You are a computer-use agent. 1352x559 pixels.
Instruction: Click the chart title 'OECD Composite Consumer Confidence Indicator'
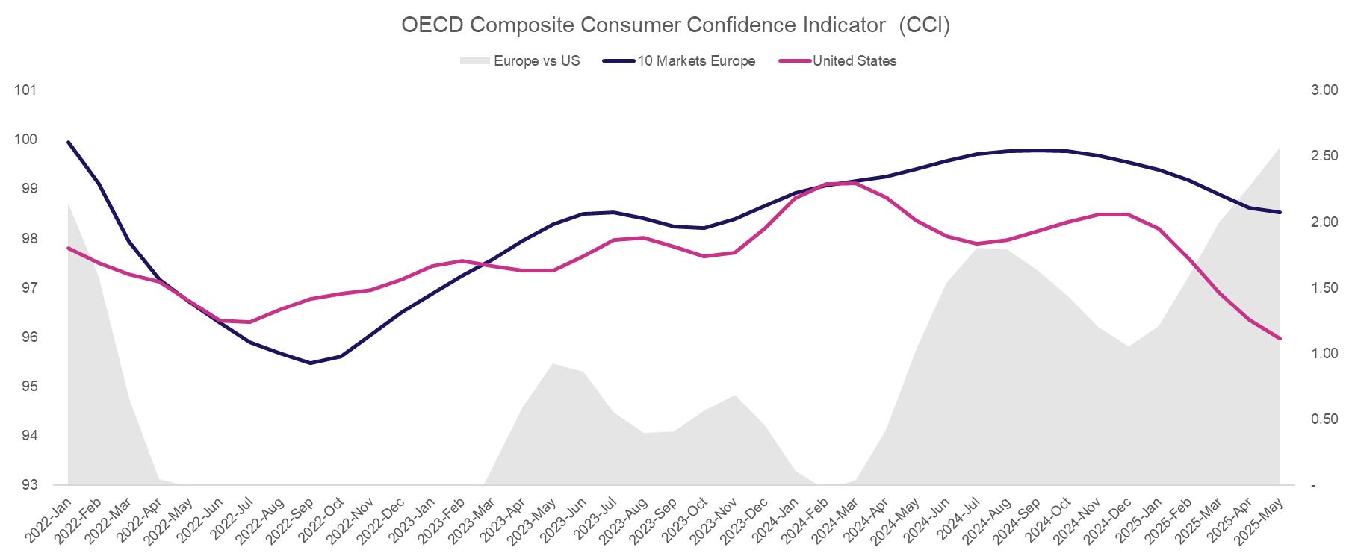point(675,25)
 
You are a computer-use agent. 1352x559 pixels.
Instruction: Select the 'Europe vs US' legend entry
point(536,61)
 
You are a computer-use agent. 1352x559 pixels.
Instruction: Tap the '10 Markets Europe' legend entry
point(696,61)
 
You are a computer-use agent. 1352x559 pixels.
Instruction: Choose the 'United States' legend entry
point(855,61)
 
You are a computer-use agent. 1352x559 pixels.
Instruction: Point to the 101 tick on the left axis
point(25,90)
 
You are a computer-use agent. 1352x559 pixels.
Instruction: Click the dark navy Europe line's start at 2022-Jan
point(69,142)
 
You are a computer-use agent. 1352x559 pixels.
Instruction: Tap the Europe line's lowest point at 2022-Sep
point(311,363)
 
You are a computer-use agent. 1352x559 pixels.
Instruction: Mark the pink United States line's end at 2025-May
point(1280,339)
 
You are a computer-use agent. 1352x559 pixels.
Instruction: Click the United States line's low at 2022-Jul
point(250,322)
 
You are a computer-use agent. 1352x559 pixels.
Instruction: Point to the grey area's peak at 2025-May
point(1280,148)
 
